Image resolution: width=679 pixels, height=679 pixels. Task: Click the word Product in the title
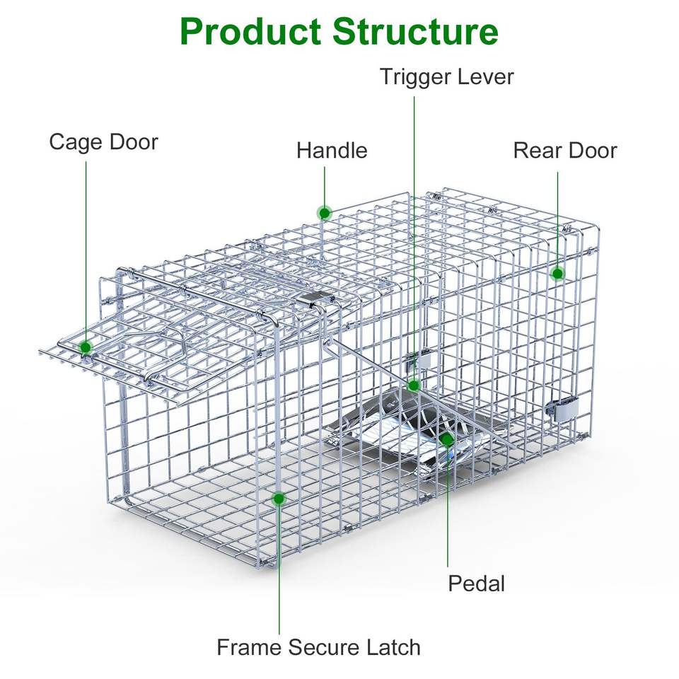[248, 32]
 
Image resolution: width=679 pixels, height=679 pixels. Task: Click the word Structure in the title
[415, 32]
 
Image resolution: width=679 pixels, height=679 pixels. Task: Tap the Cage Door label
[103, 142]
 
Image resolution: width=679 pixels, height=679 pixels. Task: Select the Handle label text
[332, 151]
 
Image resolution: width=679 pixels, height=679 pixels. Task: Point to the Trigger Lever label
[446, 76]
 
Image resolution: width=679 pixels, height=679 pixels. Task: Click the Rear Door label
[564, 151]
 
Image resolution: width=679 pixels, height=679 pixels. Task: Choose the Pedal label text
[477, 584]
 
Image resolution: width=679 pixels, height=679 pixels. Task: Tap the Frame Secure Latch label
[318, 647]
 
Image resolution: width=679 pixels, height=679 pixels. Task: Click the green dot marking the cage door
[86, 347]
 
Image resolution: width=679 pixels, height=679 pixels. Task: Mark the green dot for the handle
[325, 212]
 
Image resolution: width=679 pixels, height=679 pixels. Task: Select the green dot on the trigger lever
[414, 385]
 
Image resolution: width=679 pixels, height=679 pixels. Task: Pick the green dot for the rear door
[557, 274]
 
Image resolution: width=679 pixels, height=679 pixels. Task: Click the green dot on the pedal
[447, 439]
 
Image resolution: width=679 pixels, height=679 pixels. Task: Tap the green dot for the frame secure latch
[279, 499]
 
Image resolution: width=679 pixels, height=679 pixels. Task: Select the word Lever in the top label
[484, 76]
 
